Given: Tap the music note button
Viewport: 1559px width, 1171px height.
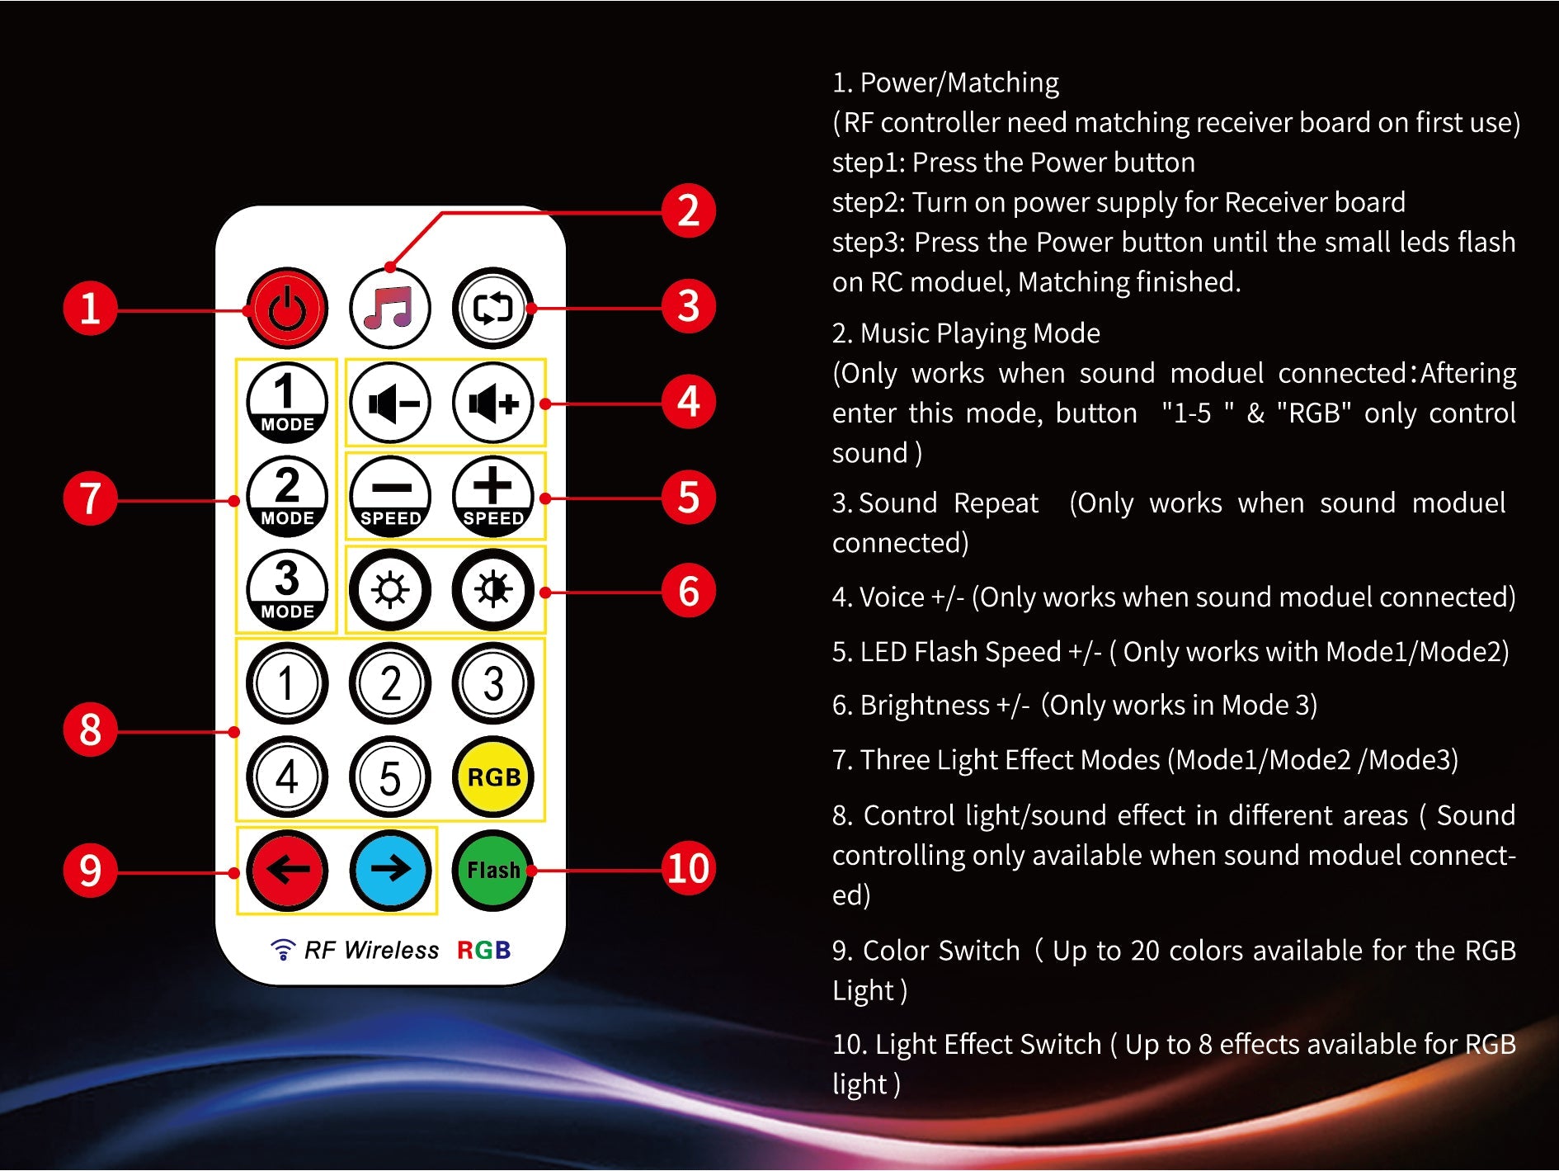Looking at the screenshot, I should tap(389, 308).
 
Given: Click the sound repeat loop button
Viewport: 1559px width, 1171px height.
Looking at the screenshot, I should tap(492, 308).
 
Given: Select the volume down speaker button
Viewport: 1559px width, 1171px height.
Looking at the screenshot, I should tap(389, 403).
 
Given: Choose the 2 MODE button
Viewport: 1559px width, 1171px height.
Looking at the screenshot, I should tap(286, 496).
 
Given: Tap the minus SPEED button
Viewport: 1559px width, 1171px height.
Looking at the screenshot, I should tap(389, 496).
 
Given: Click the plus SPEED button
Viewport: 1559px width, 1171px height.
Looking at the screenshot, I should tap(492, 496).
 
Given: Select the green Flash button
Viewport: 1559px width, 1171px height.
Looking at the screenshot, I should tap(492, 870).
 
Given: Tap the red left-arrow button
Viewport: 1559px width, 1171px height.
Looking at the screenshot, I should tap(286, 870).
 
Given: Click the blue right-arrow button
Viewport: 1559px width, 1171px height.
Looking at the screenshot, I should tap(389, 870).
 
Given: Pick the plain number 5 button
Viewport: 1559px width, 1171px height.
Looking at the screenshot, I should tap(389, 777).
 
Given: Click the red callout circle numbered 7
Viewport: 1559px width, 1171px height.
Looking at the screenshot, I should tap(90, 498).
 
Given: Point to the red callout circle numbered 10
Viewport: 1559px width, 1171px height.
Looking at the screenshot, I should tap(688, 869).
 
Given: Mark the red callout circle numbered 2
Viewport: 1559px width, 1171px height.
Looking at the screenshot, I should tap(688, 211).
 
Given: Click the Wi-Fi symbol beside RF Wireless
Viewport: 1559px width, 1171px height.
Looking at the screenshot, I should tap(282, 950).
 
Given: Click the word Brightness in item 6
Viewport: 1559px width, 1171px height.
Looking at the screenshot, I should tap(924, 706).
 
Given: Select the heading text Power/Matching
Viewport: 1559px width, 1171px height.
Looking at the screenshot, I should tap(958, 83).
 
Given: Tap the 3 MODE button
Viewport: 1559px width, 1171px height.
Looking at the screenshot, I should tap(286, 589).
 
